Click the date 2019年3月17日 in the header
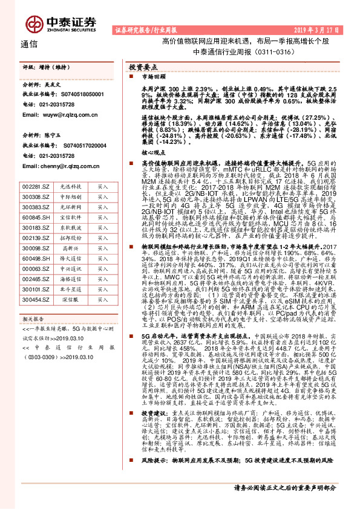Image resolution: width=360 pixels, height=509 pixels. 320,28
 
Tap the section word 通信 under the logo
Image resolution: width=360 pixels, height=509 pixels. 29,44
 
